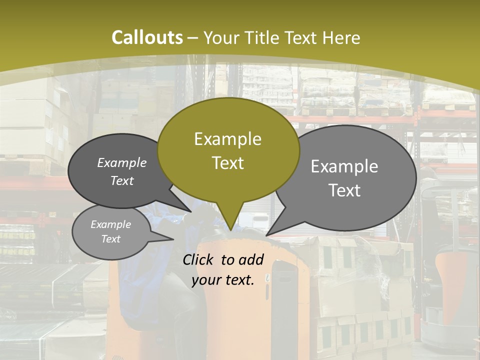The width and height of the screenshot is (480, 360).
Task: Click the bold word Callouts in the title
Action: pyautogui.click(x=147, y=37)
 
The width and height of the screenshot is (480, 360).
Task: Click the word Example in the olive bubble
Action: pyautogui.click(x=227, y=139)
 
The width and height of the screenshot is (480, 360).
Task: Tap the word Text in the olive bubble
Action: pyautogui.click(x=228, y=163)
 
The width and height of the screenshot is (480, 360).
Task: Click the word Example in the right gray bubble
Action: pyautogui.click(x=344, y=166)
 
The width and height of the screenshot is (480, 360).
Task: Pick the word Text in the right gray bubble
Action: pyautogui.click(x=345, y=190)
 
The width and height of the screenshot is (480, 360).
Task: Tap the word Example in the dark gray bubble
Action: pyautogui.click(x=122, y=162)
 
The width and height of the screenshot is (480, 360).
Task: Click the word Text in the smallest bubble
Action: pyautogui.click(x=111, y=239)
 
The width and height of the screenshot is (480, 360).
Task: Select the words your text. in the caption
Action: pyautogui.click(x=222, y=280)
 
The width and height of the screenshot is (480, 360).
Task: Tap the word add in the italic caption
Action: pyautogui.click(x=251, y=259)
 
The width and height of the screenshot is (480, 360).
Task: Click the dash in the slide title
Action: pyautogui.click(x=193, y=38)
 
